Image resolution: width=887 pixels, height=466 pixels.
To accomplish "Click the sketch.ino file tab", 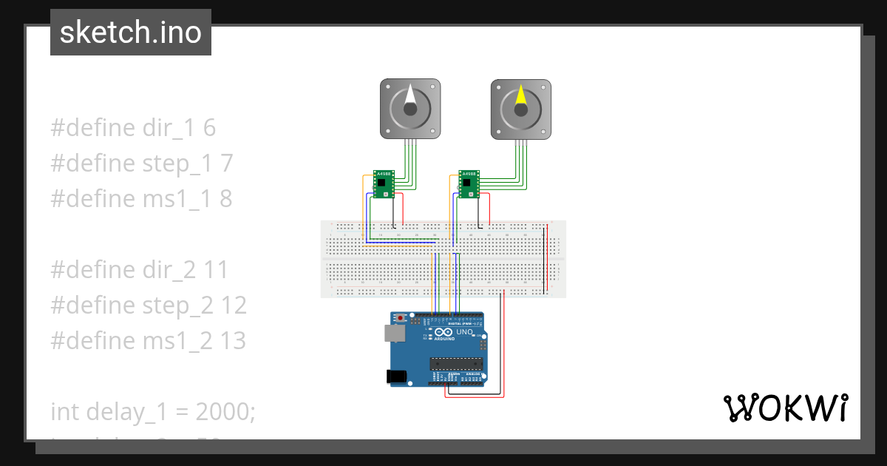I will point(131,33).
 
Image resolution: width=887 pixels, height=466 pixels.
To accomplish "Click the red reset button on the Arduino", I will point(401,318).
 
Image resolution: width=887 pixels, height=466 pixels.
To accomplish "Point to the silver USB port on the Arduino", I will point(394,334).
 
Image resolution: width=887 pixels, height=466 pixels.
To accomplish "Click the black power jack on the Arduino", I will point(397,376).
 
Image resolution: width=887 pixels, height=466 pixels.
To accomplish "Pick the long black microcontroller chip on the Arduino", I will point(457,362).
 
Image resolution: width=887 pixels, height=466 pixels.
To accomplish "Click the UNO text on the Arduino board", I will point(463,333).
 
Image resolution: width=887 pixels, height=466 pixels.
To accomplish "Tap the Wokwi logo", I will point(784,408).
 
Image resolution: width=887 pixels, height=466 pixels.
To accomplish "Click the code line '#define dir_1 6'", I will point(133,128).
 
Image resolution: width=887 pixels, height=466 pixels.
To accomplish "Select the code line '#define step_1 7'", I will point(141,163).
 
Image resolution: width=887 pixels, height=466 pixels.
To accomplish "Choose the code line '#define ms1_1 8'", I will point(141,199).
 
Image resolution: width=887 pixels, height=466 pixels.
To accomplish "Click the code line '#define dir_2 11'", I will point(140,270).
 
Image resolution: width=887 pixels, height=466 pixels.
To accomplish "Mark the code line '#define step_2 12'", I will point(148,305).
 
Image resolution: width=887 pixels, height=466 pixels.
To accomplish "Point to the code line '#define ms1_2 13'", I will point(148,341).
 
